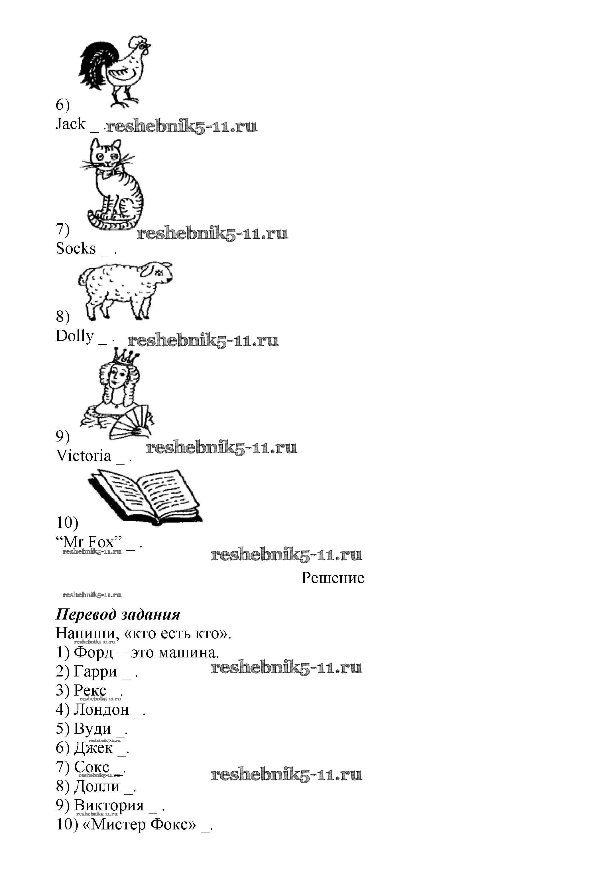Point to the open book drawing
tap(145, 497)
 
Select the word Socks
tap(76, 248)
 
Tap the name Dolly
tap(75, 336)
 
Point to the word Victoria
tap(84, 456)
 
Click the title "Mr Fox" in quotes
tap(89, 542)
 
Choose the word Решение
tap(333, 578)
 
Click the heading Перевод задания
tap(118, 614)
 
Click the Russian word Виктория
tap(109, 805)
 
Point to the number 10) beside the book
tap(68, 522)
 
